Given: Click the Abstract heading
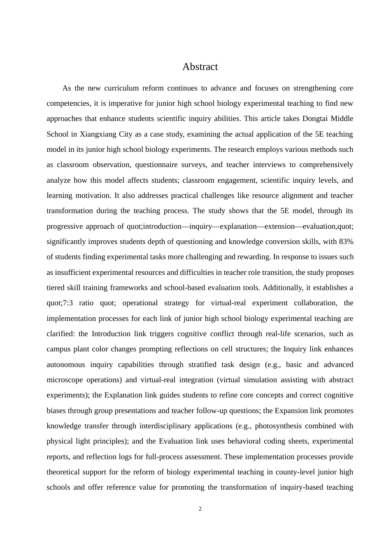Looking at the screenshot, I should [x=200, y=67].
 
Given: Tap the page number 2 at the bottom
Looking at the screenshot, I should [x=200, y=509].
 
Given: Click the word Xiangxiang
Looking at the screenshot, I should [x=98, y=134].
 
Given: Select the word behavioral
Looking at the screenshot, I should [x=244, y=441].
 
